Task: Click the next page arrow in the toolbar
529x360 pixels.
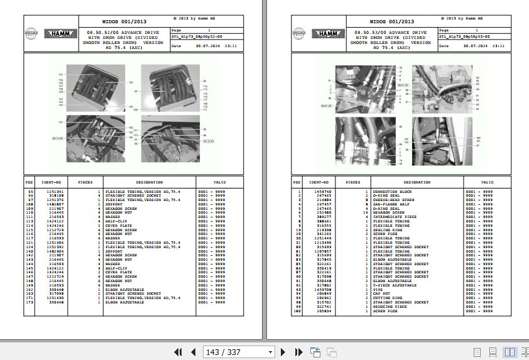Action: click(x=283, y=352)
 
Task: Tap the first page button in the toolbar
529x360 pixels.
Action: click(x=178, y=352)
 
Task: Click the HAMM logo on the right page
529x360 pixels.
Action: click(x=327, y=33)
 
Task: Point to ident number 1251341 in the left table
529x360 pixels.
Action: click(x=55, y=191)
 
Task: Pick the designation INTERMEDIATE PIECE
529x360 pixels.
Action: click(x=395, y=217)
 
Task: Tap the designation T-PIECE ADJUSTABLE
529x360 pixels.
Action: click(x=395, y=285)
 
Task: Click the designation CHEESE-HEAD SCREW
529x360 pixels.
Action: click(x=393, y=200)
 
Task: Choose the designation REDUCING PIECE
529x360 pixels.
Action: click(x=390, y=307)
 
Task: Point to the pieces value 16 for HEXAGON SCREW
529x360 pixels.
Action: click(x=365, y=212)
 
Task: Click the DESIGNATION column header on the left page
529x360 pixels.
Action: click(x=149, y=183)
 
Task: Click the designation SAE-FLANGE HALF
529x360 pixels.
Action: click(x=391, y=204)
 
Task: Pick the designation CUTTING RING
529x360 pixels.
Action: click(x=388, y=298)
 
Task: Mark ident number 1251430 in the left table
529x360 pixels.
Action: click(x=55, y=298)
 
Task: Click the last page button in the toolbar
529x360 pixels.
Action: click(x=295, y=352)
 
